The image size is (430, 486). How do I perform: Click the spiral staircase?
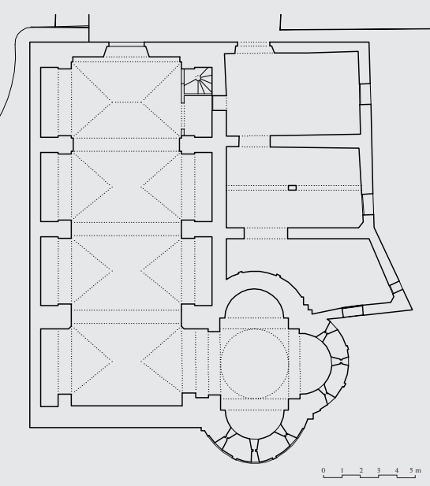click(197, 81)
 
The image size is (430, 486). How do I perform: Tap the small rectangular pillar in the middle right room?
click(292, 187)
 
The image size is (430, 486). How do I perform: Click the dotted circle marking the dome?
click(255, 364)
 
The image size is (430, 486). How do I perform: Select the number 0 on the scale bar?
click(323, 470)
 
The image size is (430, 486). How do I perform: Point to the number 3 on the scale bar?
click(379, 470)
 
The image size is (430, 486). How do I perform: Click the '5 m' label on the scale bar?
click(415, 470)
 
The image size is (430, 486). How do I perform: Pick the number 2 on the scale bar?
click(361, 470)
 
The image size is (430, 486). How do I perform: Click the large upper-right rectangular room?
click(293, 95)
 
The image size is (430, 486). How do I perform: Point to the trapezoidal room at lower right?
click(311, 273)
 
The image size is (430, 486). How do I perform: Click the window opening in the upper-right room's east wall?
click(365, 94)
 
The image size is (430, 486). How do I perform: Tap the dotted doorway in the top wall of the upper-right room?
click(253, 47)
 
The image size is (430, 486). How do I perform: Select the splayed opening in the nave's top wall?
click(126, 50)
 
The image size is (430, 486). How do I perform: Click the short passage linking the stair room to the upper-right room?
click(219, 103)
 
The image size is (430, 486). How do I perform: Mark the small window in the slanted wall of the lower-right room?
click(396, 288)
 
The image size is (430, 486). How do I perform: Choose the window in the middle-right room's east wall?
click(368, 205)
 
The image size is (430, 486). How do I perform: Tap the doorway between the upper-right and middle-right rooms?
click(255, 141)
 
